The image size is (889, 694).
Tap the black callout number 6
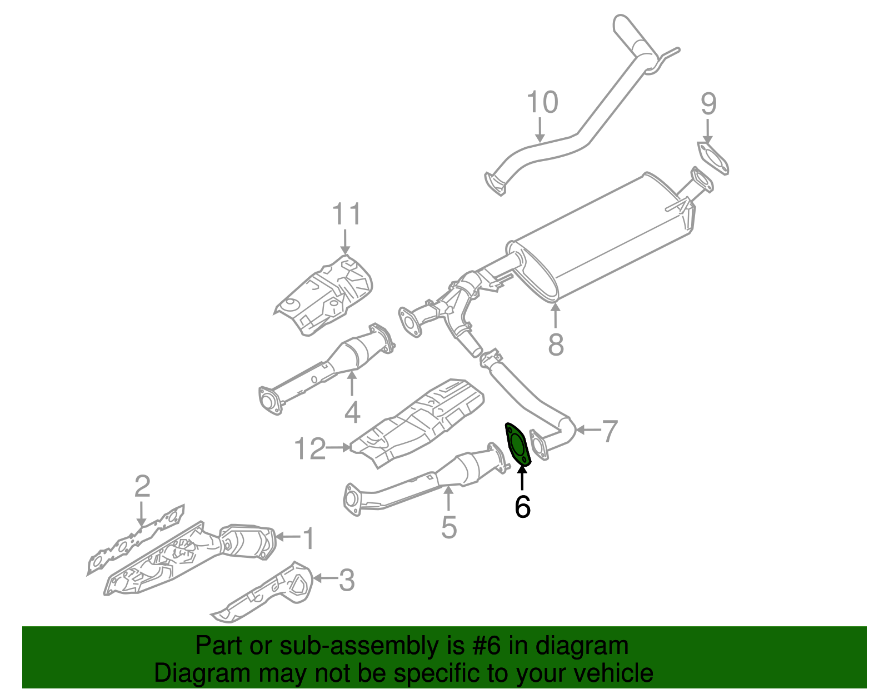(522, 506)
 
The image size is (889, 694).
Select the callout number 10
(542, 103)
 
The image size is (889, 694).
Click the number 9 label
(708, 103)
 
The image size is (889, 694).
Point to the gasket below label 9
(713, 158)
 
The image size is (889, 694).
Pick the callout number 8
(556, 344)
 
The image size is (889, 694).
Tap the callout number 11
(347, 214)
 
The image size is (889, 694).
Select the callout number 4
(352, 412)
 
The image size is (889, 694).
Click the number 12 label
(309, 448)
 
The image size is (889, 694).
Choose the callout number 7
(610, 431)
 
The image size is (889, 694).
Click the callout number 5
(449, 527)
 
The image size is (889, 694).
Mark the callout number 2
(142, 486)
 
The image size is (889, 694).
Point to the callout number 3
(347, 580)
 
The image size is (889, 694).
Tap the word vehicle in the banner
(613, 673)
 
